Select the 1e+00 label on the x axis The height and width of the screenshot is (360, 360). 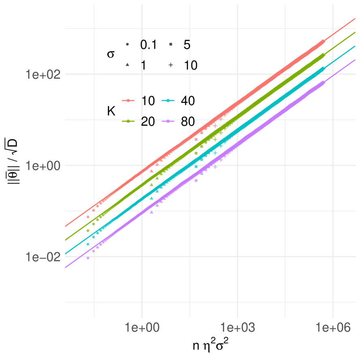[141, 328]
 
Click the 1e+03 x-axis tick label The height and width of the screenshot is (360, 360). [237, 328]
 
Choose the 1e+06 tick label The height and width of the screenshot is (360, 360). [333, 328]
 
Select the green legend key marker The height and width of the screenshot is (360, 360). [129, 121]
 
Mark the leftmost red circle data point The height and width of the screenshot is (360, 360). [88, 217]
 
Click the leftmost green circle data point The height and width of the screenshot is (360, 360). [88, 231]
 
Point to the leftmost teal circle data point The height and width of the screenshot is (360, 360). [88, 244]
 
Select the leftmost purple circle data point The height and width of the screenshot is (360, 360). [88, 258]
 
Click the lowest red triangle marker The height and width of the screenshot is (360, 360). [152, 171]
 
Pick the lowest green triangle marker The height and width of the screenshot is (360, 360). [152, 184]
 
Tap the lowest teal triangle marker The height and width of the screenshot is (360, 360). [152, 198]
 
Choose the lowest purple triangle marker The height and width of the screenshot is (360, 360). [152, 212]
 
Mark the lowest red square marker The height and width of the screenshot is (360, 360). [196, 139]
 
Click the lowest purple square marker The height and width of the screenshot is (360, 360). [196, 180]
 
